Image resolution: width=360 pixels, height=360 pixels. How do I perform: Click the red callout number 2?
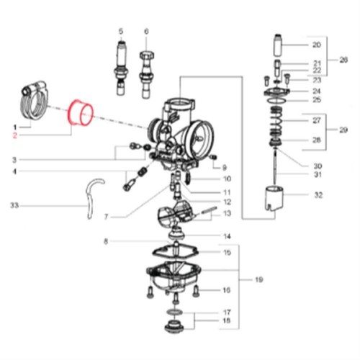pos(15,135)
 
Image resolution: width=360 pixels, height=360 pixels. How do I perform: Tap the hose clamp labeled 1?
pos(34,100)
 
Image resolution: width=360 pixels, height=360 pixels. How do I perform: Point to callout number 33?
pos(14,205)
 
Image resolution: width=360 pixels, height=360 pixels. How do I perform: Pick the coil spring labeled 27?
pos(276,121)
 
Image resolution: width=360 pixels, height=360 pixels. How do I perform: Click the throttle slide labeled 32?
pos(274,199)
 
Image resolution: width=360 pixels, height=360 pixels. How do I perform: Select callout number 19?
pos(259,279)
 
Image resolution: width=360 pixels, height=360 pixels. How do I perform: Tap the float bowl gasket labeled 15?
pos(176,251)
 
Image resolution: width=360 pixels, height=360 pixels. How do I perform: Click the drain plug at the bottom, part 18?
pos(174,326)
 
